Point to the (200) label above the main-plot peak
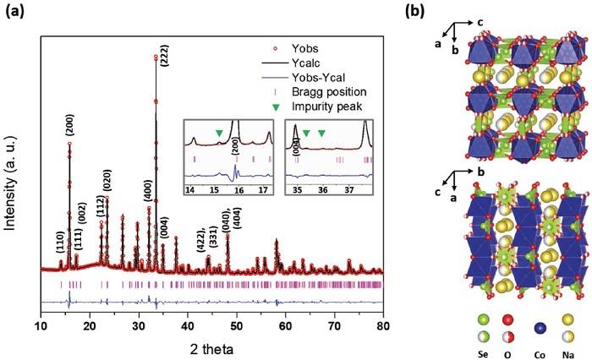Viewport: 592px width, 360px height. (69, 124)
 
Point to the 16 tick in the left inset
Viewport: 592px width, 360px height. (239, 191)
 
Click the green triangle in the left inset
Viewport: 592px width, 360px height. (219, 132)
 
